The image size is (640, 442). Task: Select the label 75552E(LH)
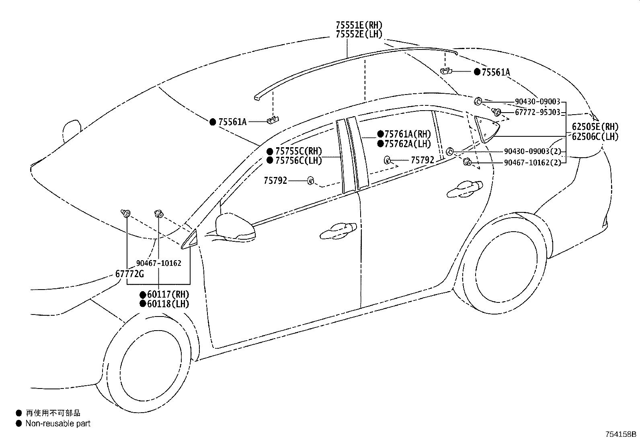coord(359,34)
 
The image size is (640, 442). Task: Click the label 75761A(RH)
coord(408,134)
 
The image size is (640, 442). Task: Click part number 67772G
coord(129,274)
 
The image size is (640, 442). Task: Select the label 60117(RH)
coord(168,294)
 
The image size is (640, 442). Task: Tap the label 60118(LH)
coord(168,304)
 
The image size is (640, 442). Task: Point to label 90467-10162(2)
coord(532,162)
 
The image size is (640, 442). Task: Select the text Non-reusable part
coord(58,423)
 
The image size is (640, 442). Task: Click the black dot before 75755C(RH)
coord(270,152)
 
